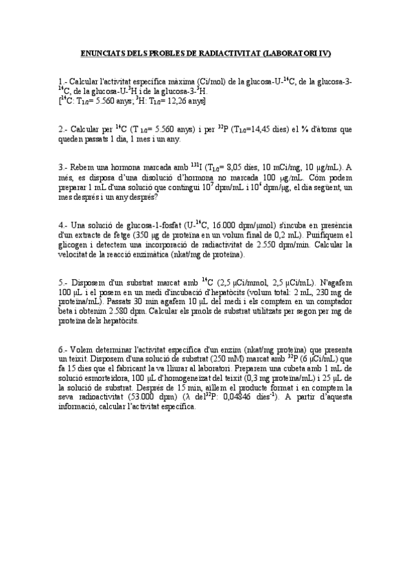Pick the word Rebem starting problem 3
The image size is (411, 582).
point(82,167)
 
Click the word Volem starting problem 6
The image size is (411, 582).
point(82,349)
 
